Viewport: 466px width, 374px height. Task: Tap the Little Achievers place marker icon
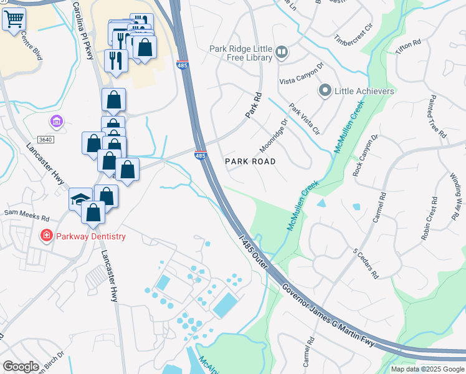[x=325, y=91]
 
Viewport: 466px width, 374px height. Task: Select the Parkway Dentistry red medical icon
[x=46, y=236]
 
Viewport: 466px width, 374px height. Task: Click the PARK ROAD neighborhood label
[x=250, y=161]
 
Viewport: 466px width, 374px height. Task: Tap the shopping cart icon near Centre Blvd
[x=13, y=19]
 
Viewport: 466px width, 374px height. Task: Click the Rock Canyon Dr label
[x=366, y=155]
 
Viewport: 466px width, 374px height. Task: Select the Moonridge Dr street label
[x=272, y=136]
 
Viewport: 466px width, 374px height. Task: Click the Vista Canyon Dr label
[x=302, y=74]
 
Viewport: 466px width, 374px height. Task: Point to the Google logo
[x=20, y=367]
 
